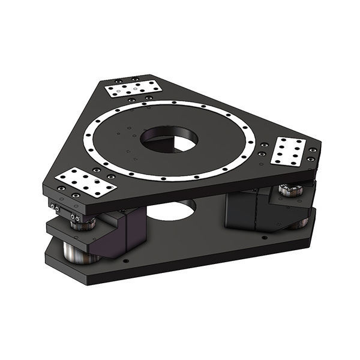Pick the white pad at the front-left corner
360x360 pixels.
pyautogui.click(x=85, y=182)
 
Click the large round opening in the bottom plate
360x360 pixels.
pyautogui.click(x=172, y=210)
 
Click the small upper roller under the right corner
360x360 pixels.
pyautogui.click(x=291, y=191)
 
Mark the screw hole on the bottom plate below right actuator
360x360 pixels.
pyautogui.click(x=264, y=238)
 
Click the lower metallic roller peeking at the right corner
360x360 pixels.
pyautogui.click(x=300, y=223)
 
